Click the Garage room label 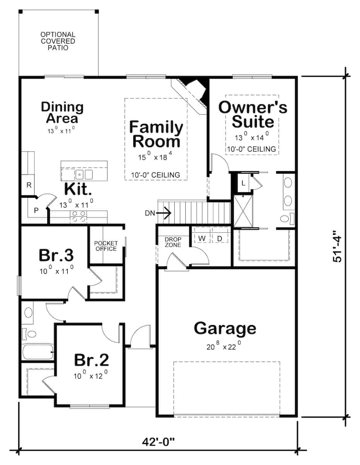coord(225,328)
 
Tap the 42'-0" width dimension coord(158,441)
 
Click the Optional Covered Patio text coord(58,41)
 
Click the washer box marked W coord(202,238)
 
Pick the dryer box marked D coord(219,238)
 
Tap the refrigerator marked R coord(28,185)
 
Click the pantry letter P coord(36,210)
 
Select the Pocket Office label coord(106,246)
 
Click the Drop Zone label coord(173,242)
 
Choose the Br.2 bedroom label coord(91,360)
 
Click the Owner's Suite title coord(253,114)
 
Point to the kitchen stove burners coord(78,217)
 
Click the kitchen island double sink coord(84,174)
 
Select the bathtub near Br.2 coord(37,352)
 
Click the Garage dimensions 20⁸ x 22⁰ coord(225,346)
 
